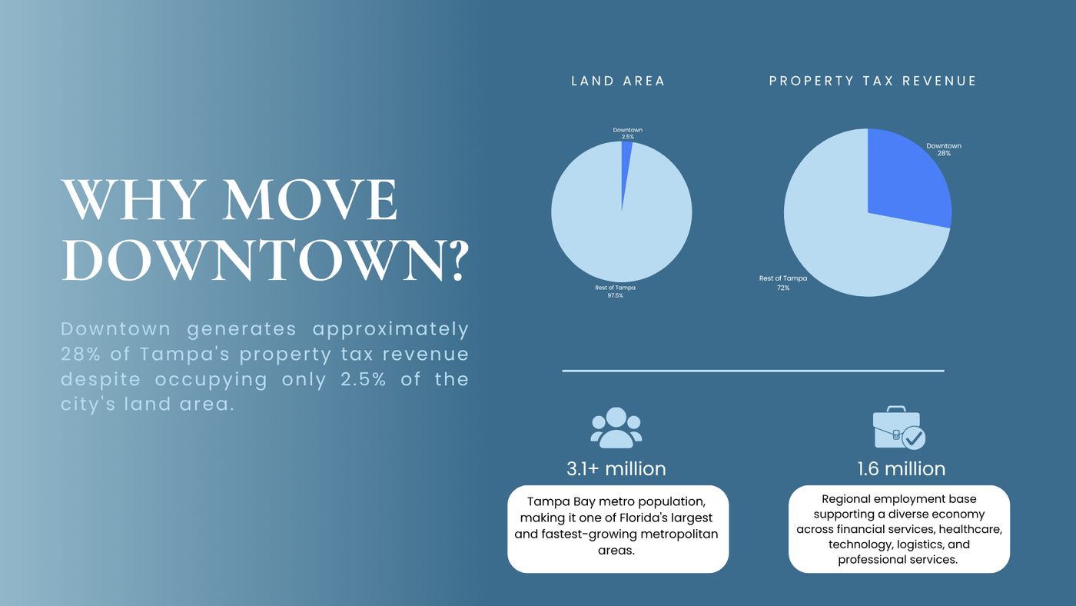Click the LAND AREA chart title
(618, 82)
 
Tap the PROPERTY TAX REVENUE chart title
(873, 82)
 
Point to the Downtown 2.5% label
(627, 133)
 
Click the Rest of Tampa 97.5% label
(615, 291)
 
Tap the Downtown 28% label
(944, 149)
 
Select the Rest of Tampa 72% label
(783, 283)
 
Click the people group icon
(616, 428)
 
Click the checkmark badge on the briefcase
(914, 438)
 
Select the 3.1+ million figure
(616, 468)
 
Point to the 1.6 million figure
(901, 468)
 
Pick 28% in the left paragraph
(80, 355)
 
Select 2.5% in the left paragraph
(363, 379)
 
